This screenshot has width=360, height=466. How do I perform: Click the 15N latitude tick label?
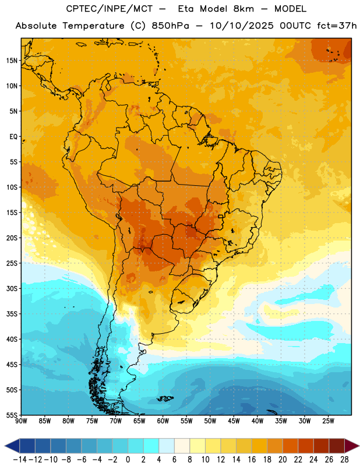(12, 61)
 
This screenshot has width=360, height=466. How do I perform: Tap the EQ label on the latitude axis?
(13, 137)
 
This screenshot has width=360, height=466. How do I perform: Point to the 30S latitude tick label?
(12, 288)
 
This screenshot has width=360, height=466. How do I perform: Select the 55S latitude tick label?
(12, 415)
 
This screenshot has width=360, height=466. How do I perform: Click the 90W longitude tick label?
(21, 421)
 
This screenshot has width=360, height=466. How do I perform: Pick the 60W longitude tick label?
(163, 421)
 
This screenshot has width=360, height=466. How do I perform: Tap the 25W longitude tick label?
(328, 421)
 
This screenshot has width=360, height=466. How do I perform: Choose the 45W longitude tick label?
(234, 421)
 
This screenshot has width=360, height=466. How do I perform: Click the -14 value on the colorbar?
(20, 460)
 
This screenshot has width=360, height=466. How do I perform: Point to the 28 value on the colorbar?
(344, 460)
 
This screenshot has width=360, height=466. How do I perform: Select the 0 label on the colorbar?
(128, 460)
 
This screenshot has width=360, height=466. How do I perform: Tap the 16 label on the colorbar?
(252, 460)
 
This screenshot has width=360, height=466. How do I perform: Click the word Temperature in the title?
(93, 26)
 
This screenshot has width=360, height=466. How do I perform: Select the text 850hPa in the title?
(170, 26)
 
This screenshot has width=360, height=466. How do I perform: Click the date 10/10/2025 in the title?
(242, 26)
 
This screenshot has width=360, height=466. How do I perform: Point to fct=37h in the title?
(337, 26)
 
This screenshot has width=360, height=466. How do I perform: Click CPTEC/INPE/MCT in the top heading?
(110, 9)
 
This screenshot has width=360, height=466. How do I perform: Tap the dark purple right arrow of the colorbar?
(351, 446)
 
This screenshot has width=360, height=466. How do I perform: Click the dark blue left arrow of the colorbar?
(12, 446)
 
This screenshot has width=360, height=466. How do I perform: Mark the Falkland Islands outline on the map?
(165, 398)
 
